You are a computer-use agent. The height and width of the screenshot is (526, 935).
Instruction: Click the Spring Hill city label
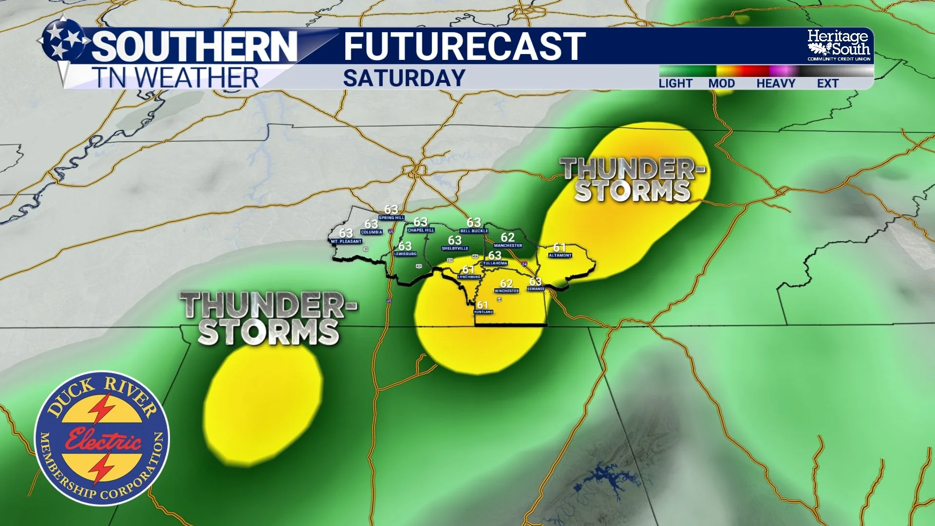[x=392, y=218]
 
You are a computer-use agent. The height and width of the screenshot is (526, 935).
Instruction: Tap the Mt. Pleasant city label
[x=346, y=242]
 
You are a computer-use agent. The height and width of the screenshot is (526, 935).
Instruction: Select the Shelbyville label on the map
[x=455, y=248]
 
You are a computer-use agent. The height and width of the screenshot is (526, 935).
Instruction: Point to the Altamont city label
[x=560, y=255]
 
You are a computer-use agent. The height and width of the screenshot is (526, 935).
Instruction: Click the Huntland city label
[x=484, y=312]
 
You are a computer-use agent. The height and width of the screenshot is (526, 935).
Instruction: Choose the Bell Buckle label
[x=474, y=231]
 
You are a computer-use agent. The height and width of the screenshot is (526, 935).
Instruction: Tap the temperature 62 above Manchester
[x=507, y=237]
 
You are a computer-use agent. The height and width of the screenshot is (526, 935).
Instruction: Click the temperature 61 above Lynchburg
[x=468, y=269]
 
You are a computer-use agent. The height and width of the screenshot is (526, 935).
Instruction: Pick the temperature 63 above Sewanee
[x=535, y=282]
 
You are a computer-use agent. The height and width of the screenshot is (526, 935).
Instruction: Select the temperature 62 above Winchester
[x=506, y=283]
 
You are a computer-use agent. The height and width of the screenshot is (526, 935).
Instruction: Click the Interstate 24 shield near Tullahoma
[x=524, y=264]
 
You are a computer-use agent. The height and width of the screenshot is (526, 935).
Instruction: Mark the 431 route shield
[x=419, y=266]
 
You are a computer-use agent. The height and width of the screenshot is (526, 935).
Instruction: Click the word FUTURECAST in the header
[x=464, y=47]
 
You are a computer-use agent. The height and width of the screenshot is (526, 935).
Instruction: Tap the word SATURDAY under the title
[x=404, y=78]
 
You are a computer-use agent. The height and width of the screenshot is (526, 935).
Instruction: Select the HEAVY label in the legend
[x=775, y=83]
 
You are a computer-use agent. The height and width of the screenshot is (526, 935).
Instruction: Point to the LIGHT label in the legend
[x=675, y=83]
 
